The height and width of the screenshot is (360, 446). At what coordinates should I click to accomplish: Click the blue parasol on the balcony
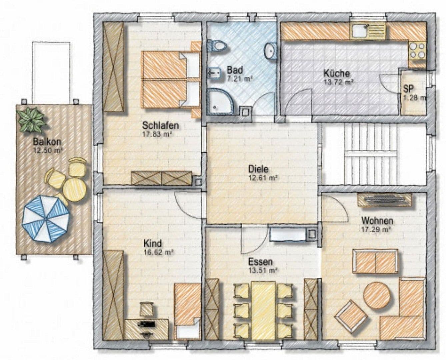[x=46, y=219]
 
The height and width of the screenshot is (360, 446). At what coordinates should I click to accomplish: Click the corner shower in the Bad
[x=220, y=101]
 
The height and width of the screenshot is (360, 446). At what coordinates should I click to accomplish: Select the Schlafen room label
[x=161, y=125]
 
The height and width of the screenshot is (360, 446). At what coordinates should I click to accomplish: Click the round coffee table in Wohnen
[x=377, y=295]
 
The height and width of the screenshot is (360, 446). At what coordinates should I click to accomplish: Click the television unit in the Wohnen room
[x=384, y=200]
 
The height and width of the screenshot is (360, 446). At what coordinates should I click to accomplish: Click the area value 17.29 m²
[x=376, y=229]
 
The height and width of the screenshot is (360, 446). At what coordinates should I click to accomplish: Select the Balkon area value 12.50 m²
[x=48, y=151]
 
